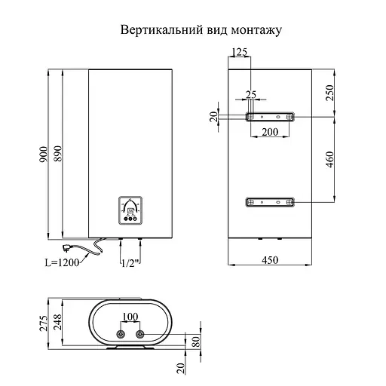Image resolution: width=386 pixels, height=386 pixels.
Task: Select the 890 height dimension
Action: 60,155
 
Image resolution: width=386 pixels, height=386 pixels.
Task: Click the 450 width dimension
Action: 270,261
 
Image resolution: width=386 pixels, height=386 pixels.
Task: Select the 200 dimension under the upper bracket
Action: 269,131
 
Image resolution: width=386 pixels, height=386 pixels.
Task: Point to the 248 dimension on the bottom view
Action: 60,323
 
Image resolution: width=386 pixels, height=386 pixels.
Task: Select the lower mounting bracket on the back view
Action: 269,202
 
